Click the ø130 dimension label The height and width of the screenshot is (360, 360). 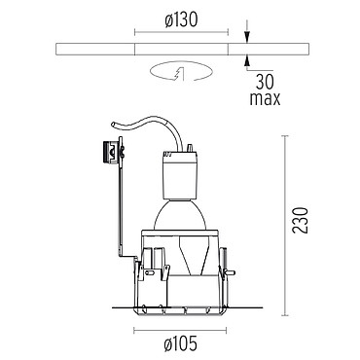tap(181, 20)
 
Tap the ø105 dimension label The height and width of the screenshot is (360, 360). tap(180, 343)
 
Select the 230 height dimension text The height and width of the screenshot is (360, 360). tap(300, 221)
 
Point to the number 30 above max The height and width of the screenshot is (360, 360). tap(265, 82)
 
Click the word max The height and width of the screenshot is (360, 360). tap(265, 98)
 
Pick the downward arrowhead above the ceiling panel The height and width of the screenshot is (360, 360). tap(247, 37)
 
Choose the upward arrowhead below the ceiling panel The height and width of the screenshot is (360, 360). tap(247, 61)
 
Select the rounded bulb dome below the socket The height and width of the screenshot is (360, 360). tap(180, 215)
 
